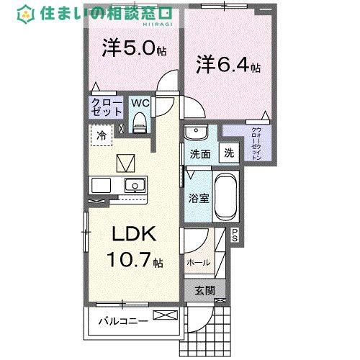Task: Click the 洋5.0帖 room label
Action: (x=135, y=51)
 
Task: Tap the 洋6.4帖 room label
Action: (x=229, y=65)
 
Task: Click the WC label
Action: (x=140, y=103)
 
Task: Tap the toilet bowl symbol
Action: (x=140, y=123)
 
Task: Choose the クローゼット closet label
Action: (x=106, y=109)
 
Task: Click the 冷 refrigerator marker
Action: (x=102, y=135)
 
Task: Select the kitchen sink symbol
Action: (x=132, y=186)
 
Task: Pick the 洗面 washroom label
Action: (x=199, y=153)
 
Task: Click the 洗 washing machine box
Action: (x=228, y=153)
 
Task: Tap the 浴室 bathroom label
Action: (x=199, y=198)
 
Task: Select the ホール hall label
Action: (x=198, y=263)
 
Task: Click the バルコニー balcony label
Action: (x=124, y=320)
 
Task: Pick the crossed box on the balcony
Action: (x=165, y=315)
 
